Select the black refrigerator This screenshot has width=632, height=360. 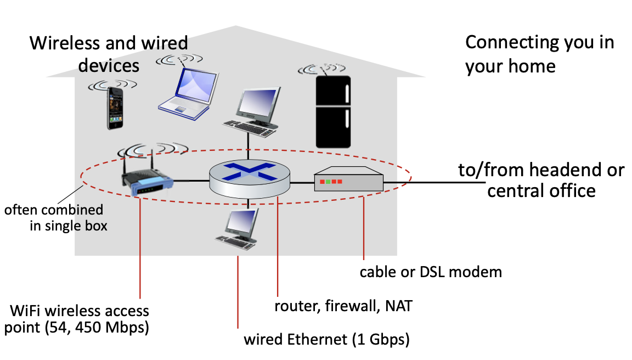[334, 111]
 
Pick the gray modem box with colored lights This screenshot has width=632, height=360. [348, 181]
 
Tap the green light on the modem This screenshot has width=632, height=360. [328, 181]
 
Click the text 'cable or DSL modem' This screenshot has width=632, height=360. [431, 272]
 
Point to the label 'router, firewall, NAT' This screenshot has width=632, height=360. [343, 306]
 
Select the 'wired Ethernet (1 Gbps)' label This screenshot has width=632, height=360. [327, 340]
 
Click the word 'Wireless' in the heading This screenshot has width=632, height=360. [64, 43]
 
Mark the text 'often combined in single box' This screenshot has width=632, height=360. [55, 217]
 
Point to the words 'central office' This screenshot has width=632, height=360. [541, 190]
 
